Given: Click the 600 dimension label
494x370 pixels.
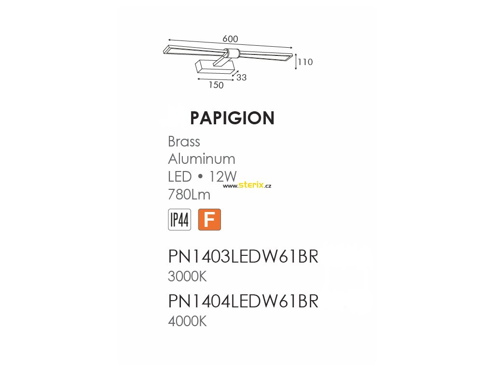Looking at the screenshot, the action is click(x=230, y=39).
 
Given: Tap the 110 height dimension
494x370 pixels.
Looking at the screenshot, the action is click(x=305, y=62).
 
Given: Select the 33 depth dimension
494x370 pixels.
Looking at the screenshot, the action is click(x=241, y=77).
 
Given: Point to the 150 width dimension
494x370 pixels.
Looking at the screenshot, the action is click(x=216, y=85).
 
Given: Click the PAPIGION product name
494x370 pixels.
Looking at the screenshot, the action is click(x=232, y=118).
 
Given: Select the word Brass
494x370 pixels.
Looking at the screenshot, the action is click(x=184, y=142).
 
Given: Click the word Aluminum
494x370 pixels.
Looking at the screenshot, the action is click(x=202, y=159).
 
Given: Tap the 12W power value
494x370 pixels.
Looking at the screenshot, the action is click(x=223, y=176).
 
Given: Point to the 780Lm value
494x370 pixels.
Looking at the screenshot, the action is click(x=189, y=194).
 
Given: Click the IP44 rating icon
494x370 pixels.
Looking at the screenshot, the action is click(x=179, y=220).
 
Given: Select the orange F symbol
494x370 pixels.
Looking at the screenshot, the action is click(x=209, y=220).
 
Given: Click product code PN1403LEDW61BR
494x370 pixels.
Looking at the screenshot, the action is click(x=243, y=257).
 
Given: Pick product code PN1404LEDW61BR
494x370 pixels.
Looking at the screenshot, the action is click(x=243, y=301).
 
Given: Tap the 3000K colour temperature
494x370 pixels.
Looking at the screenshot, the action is click(x=187, y=277).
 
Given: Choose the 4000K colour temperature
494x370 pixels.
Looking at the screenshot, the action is click(x=187, y=321).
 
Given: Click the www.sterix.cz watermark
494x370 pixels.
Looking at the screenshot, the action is click(x=247, y=185).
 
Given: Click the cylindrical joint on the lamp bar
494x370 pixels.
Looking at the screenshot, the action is click(x=231, y=53).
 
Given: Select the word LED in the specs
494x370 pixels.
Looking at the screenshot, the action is click(x=180, y=176).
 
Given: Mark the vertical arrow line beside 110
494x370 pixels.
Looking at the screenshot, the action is click(x=295, y=62).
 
